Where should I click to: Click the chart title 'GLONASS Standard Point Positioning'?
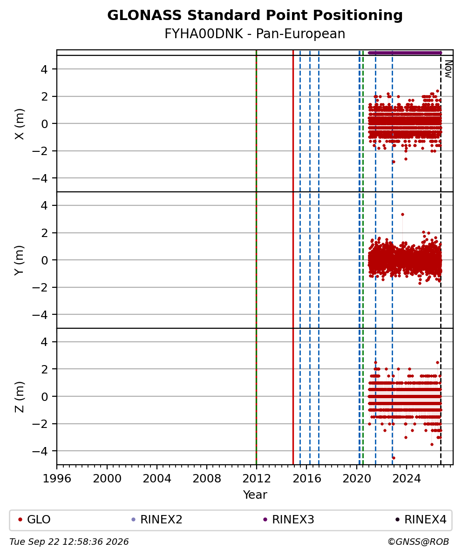[255, 16]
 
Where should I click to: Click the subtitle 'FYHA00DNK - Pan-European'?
[255, 34]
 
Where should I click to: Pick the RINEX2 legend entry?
[157, 520]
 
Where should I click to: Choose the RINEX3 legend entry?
[289, 520]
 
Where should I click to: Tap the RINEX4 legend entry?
[421, 520]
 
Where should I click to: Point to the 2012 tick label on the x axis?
[256, 479]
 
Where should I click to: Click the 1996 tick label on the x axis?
[57, 479]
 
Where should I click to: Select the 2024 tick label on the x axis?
[406, 479]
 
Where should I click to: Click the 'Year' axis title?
[255, 495]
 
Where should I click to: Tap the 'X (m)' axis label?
[20, 124]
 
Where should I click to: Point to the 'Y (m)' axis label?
[20, 260]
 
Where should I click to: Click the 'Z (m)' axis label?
[20, 397]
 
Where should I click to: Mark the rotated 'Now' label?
[448, 69]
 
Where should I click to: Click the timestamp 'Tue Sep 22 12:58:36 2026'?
[69, 542]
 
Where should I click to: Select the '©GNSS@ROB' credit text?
[418, 542]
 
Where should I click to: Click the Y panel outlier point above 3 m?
[402, 215]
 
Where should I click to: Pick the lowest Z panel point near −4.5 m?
[394, 458]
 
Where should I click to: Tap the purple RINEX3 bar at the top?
[405, 53]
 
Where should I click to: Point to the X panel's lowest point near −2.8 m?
[394, 162]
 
